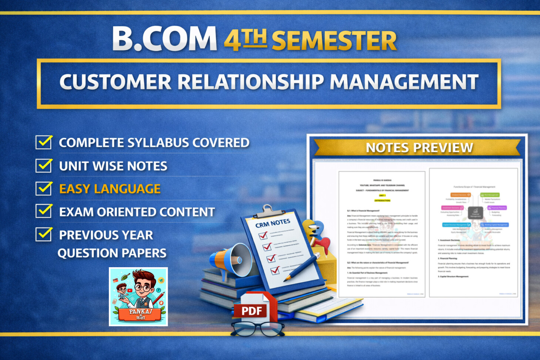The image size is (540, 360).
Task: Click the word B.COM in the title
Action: tap(165, 38)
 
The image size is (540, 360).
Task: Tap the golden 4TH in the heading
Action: tap(245, 40)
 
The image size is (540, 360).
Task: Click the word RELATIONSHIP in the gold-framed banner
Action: tap(251, 82)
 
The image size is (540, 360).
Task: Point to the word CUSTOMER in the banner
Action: tap(115, 82)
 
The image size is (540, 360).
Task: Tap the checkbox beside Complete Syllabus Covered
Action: tap(44, 142)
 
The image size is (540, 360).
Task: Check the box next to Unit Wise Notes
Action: tap(44, 165)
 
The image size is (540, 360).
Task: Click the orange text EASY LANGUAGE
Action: tap(110, 189)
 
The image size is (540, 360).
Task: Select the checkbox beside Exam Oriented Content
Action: tap(44, 211)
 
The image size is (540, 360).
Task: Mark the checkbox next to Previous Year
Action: tap(44, 234)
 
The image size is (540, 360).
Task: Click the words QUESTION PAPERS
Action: tap(112, 253)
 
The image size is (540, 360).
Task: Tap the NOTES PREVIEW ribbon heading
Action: tap(419, 148)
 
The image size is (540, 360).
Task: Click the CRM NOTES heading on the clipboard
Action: tap(273, 223)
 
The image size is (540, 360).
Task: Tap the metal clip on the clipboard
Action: tap(268, 211)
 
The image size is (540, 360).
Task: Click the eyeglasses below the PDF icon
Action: tap(257, 329)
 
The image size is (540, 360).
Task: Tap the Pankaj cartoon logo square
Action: tap(138, 296)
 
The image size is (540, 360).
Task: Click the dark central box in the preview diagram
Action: tap(475, 213)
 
